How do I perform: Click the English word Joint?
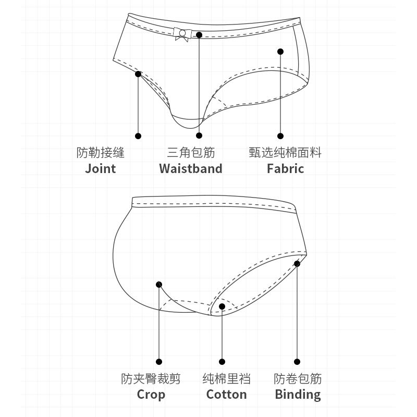point(100,168)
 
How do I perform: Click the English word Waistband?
point(191,168)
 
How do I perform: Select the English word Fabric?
point(285,168)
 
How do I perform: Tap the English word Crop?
point(151,394)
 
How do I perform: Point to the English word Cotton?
point(226,394)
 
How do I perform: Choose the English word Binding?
point(298,394)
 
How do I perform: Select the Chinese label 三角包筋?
point(191,153)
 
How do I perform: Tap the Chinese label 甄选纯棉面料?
point(285,153)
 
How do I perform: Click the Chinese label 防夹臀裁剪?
point(151,378)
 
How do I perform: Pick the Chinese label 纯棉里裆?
point(226,378)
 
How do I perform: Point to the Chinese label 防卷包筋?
point(298,378)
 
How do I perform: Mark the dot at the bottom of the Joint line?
point(138,136)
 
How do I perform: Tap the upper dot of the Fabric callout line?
point(280,52)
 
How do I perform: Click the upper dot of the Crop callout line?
point(159,284)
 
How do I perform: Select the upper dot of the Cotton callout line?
point(222,306)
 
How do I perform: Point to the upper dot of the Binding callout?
point(297,264)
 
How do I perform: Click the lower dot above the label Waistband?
point(199,136)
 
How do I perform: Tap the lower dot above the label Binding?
point(297,362)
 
